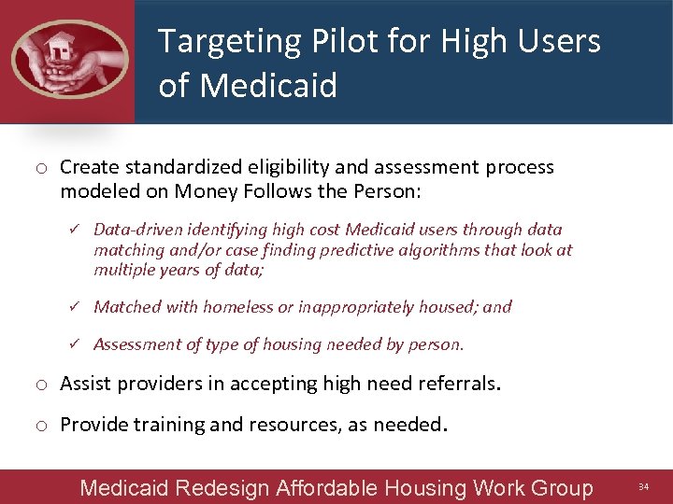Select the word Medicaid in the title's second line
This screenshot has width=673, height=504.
coord(269,86)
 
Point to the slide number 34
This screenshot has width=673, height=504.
coord(642,487)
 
